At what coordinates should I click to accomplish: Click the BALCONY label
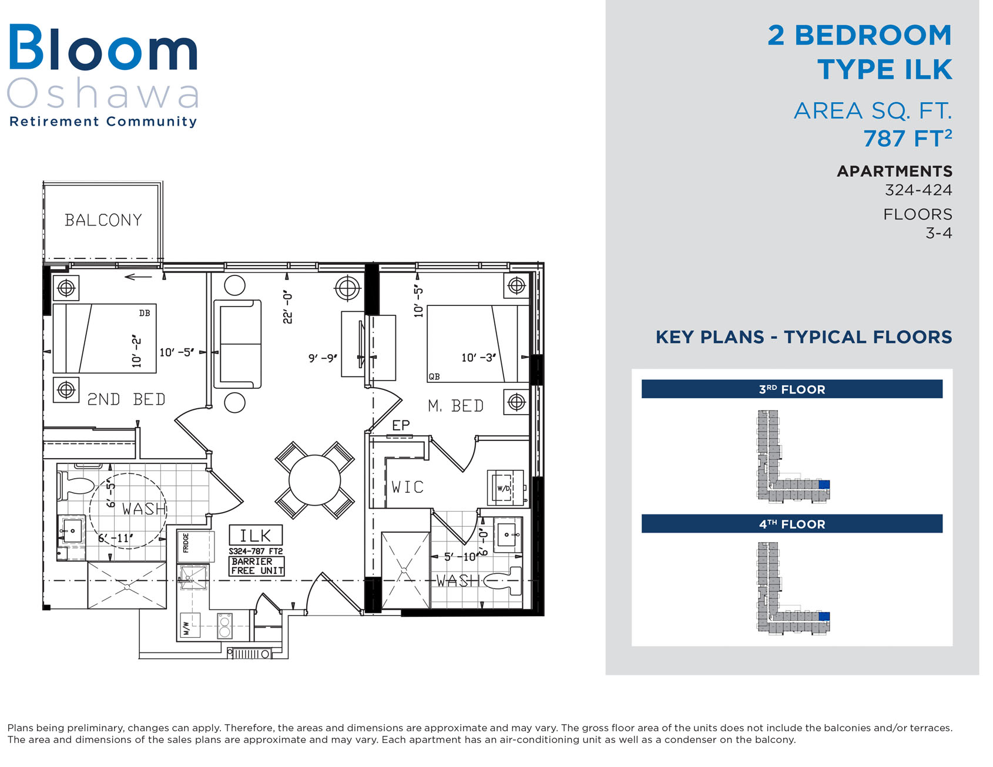103,220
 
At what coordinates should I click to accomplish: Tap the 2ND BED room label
126,399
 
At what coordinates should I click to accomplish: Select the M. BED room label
455,406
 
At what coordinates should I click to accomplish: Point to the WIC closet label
407,487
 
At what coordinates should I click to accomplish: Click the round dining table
315,480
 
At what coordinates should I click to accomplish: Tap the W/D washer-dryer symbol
504,487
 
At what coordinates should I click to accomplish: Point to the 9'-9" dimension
323,358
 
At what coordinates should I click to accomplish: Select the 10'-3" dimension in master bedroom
478,357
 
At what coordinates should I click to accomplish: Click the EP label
401,425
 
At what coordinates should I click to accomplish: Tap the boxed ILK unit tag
256,535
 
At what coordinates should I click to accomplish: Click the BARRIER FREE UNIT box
257,566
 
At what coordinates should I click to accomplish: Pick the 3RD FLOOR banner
791,389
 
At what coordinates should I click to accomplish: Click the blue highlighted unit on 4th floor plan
824,616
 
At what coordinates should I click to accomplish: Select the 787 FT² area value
907,138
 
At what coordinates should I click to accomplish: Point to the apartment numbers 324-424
918,190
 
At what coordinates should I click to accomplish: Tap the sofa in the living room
237,344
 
